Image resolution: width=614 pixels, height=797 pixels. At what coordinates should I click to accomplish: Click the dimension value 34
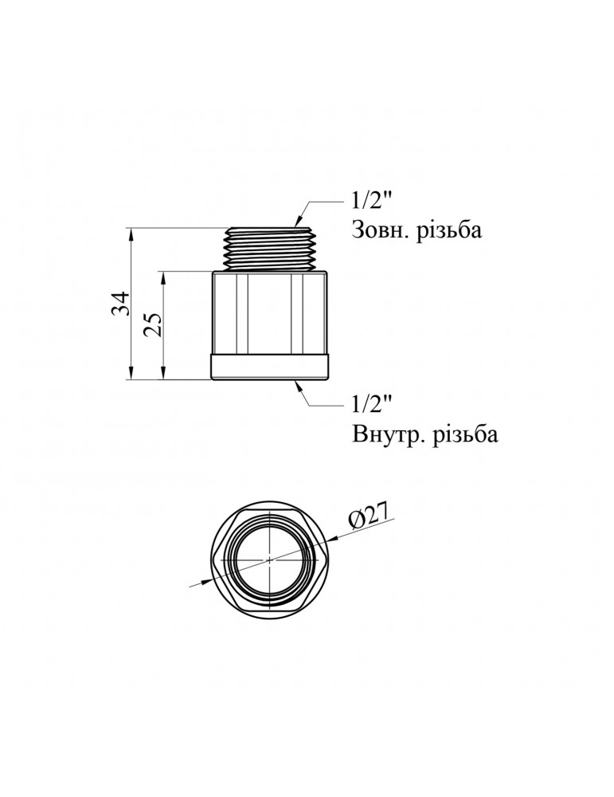click(119, 304)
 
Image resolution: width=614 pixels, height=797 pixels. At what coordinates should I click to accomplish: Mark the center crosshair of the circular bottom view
click(271, 559)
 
